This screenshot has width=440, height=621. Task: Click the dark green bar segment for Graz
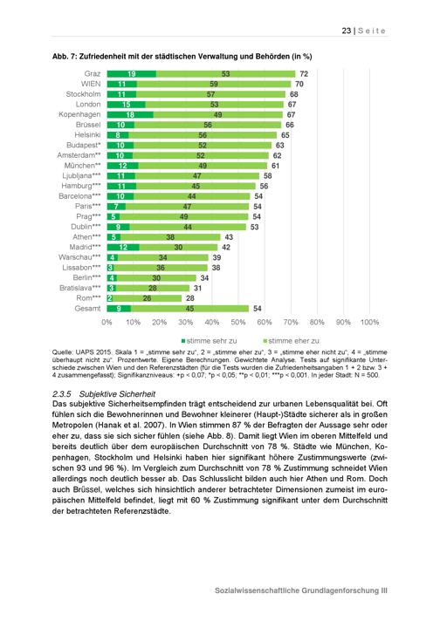click(x=132, y=73)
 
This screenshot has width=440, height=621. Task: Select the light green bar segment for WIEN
click(x=214, y=84)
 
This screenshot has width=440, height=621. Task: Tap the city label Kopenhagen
click(x=79, y=114)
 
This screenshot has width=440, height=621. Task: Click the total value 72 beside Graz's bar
click(x=304, y=74)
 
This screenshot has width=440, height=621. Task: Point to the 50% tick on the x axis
click(x=237, y=322)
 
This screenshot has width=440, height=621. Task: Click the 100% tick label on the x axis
click(x=369, y=322)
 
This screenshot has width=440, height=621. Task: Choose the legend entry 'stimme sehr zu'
click(x=209, y=341)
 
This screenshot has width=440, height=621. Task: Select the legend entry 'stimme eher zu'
click(x=292, y=341)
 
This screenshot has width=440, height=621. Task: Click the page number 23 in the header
click(x=346, y=31)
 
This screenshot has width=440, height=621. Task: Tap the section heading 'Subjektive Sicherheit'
click(x=117, y=394)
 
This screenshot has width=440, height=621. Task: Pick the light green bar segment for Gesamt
click(x=189, y=309)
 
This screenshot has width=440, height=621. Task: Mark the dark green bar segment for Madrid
click(x=123, y=247)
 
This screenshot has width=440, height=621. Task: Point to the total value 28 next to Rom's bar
click(x=189, y=298)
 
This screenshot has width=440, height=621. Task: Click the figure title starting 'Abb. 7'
click(x=182, y=57)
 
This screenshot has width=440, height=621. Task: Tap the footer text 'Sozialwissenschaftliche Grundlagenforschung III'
click(x=301, y=590)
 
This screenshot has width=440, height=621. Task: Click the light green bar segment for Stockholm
click(x=210, y=94)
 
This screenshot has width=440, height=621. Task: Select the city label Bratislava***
click(x=80, y=288)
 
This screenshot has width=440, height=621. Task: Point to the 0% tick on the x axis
click(x=107, y=322)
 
